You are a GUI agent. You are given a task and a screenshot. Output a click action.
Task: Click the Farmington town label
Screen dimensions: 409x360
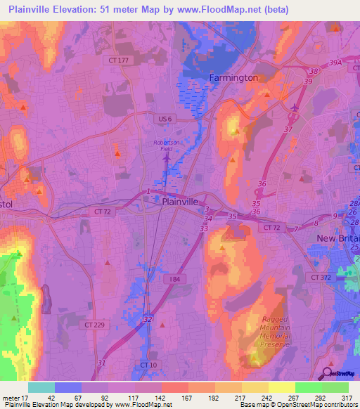[x=233, y=77]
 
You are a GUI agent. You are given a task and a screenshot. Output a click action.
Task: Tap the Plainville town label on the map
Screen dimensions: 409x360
[x=184, y=201]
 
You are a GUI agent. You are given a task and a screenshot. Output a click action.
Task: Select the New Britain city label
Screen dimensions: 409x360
[x=337, y=239]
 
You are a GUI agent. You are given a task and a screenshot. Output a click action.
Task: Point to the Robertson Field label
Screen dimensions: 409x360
[x=167, y=145]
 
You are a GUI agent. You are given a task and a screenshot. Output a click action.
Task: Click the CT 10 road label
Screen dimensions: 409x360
[x=148, y=365]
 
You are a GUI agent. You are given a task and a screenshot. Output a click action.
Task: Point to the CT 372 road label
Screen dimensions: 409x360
[x=321, y=278]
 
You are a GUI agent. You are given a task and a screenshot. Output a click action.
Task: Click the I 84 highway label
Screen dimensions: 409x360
[x=176, y=279]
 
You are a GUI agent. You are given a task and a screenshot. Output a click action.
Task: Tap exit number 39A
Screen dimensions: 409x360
[x=335, y=62]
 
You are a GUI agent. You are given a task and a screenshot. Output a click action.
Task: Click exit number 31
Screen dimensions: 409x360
[x=102, y=363]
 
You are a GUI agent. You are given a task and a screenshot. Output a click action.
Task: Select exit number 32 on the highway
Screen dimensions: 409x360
[x=148, y=319]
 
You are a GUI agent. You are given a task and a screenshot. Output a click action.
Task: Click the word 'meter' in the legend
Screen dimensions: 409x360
[x=13, y=398]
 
